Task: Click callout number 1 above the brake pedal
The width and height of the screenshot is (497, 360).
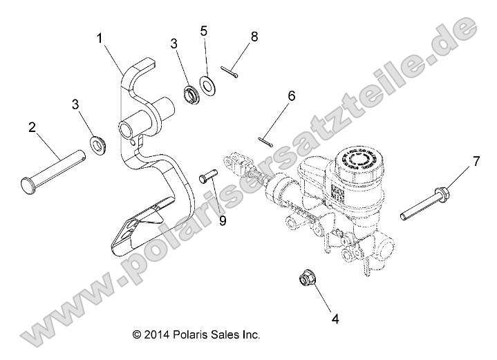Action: coord(101,39)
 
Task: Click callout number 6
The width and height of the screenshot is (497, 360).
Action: coord(291,96)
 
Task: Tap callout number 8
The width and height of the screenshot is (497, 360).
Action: coord(254,37)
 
